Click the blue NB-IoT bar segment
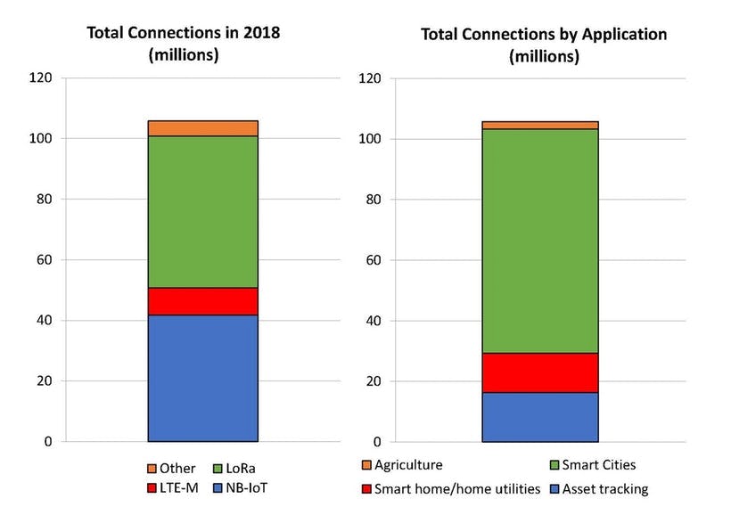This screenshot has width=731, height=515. click(202, 378)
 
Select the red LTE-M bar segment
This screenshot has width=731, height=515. click(202, 301)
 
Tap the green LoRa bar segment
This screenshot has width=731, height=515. click(202, 212)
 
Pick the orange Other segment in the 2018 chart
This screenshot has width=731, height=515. click(202, 128)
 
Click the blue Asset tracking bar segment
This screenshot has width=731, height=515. click(539, 417)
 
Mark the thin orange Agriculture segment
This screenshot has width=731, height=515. click(539, 125)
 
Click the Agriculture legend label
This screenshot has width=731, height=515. click(408, 465)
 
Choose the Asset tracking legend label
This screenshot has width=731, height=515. click(612, 488)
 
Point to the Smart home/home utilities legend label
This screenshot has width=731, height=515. click(457, 488)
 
